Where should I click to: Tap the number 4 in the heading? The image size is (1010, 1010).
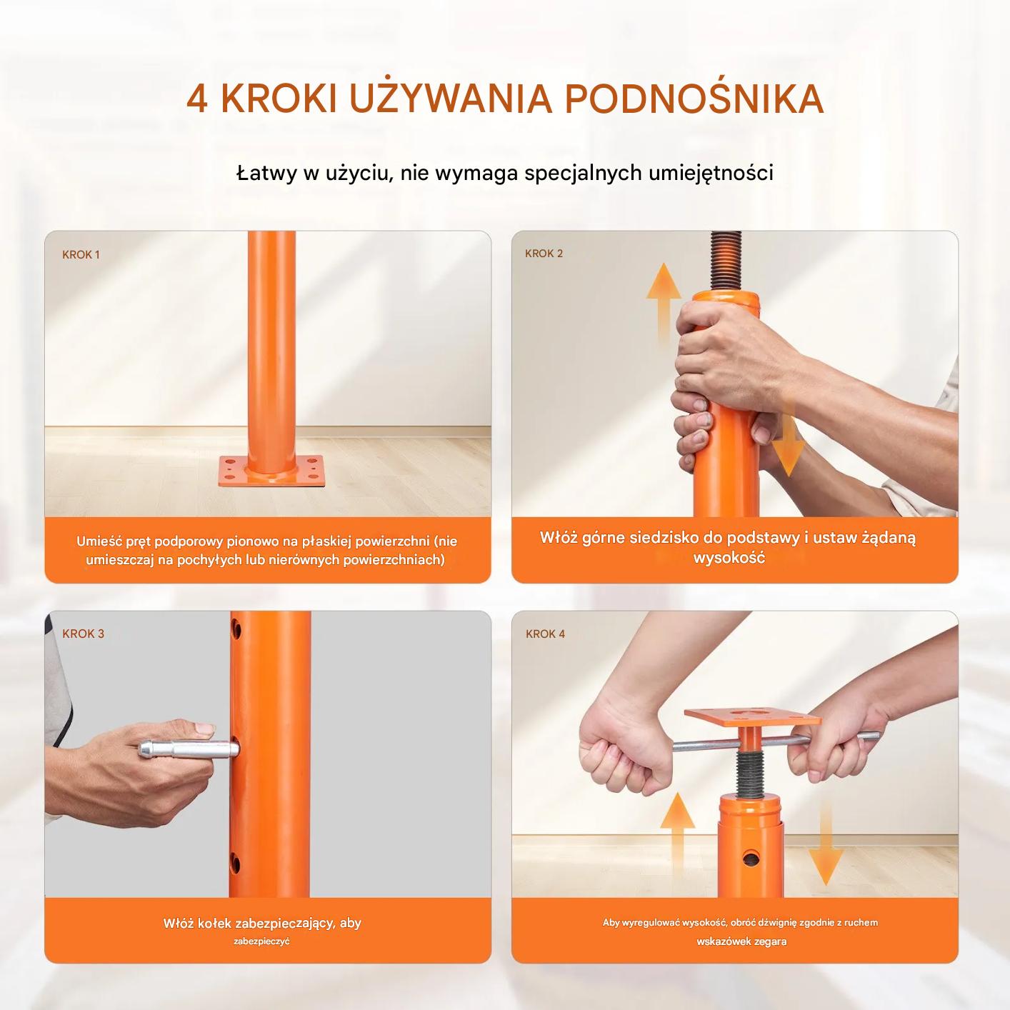pos(197,99)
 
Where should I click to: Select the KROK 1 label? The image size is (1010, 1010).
pos(81,255)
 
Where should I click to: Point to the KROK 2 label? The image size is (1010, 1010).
pos(544,254)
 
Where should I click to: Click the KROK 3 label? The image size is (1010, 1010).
pos(83,634)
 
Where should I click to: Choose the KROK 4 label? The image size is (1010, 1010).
pos(546,634)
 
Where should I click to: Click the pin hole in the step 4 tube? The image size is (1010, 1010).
pos(751,858)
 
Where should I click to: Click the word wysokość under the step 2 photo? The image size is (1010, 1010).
pos(729,558)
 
